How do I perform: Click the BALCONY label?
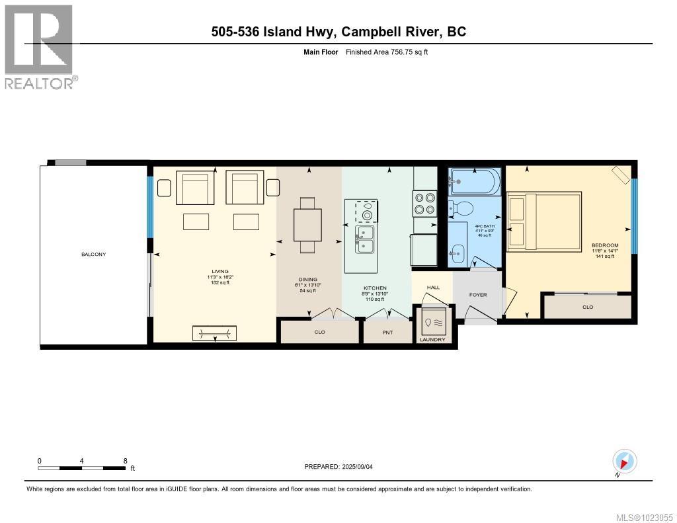pos(93,255)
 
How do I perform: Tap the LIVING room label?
pos(220,271)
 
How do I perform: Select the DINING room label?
pos(308,280)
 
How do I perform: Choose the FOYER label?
pos(478,295)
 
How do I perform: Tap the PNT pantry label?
pos(387,332)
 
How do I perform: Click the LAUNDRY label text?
pos(433,340)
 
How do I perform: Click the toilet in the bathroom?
pos(462,209)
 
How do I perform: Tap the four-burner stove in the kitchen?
pos(424,203)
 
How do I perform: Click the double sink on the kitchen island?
pos(364,239)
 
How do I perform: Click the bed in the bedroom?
pos(544,221)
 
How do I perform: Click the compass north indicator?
pos(625,461)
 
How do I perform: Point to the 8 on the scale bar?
pos(125,461)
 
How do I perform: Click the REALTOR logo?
pos(40,46)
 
